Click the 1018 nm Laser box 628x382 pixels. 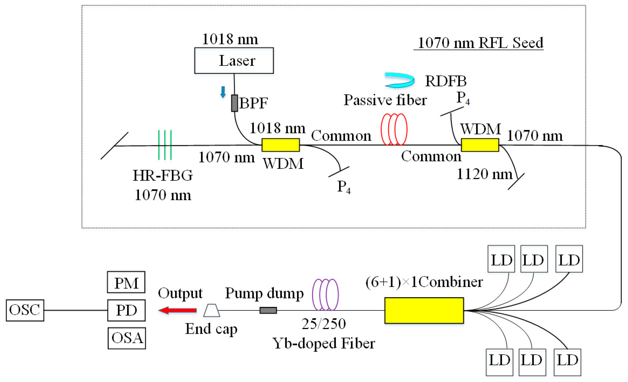coord(234,60)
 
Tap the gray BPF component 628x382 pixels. coord(234,103)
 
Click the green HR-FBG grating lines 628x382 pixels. coord(165,145)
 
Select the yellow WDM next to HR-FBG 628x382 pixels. coord(281,145)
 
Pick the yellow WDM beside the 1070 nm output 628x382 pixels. coord(480,145)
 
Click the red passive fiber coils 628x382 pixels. coord(394,129)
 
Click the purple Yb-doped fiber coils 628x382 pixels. coord(326,295)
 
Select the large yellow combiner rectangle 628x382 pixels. coord(424,310)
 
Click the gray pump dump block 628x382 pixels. coord(268,310)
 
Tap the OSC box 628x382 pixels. coord(25,310)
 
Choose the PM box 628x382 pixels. coord(126,282)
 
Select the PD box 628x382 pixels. coord(126,310)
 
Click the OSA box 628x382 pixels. coord(127,338)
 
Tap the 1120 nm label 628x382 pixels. coord(484,175)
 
